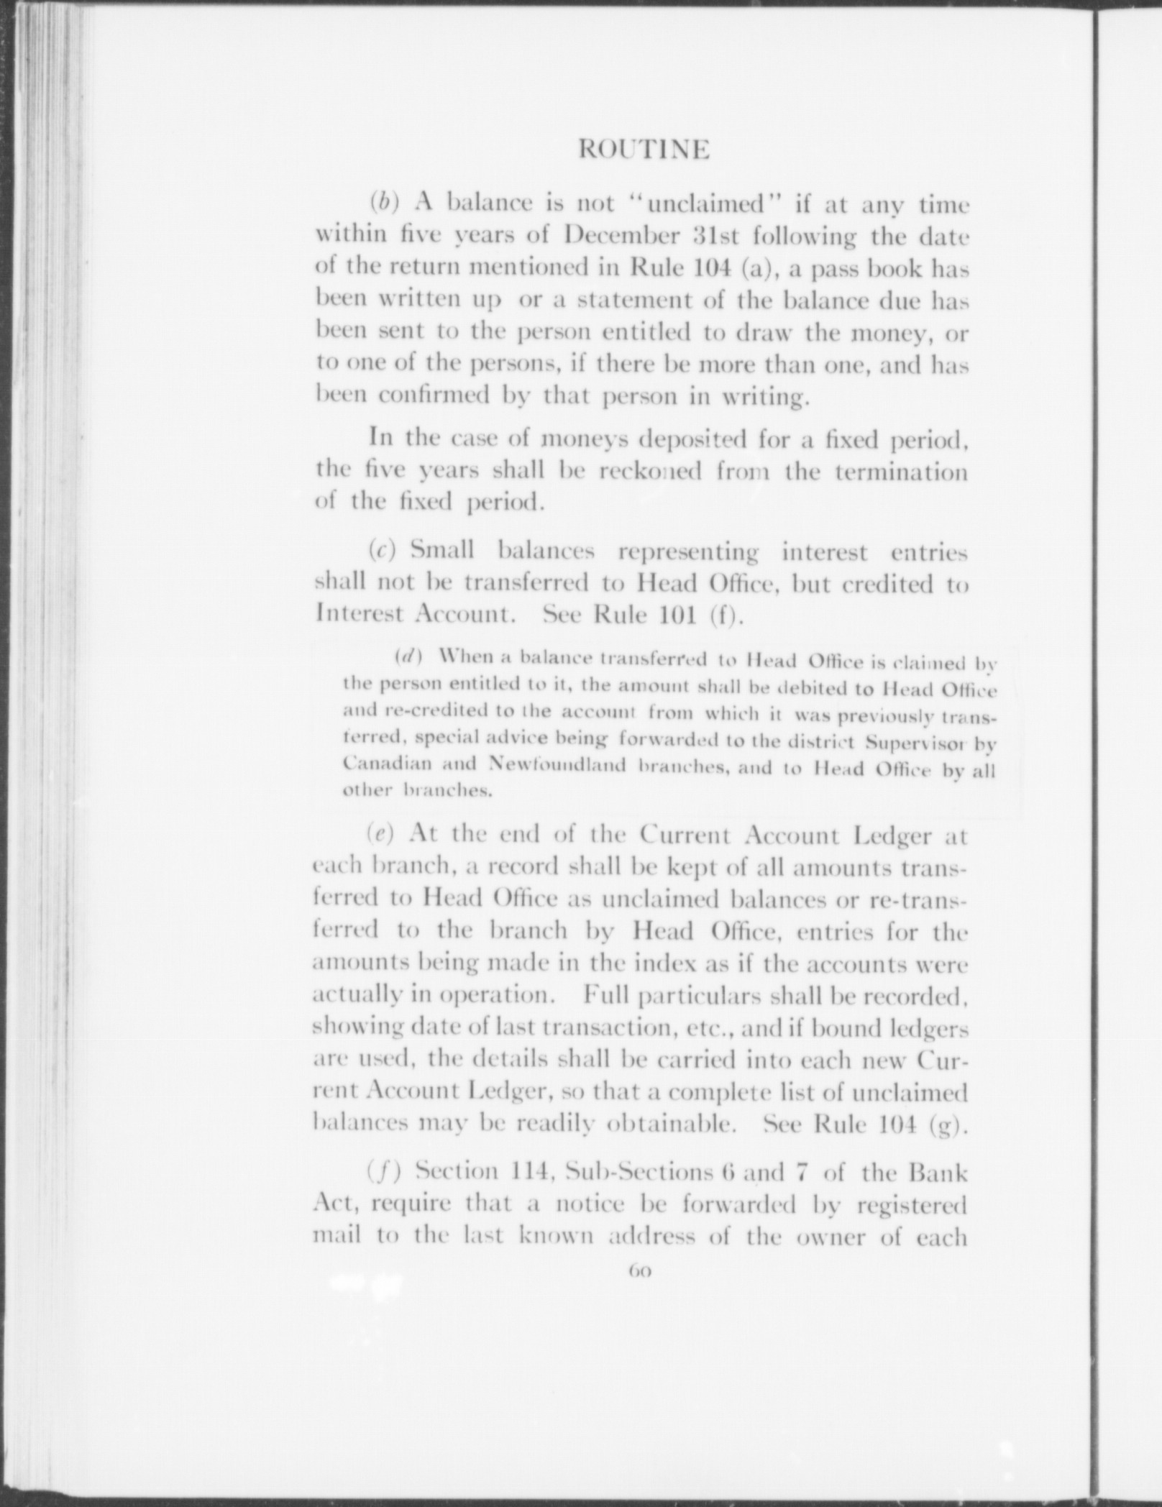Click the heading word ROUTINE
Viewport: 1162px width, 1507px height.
pos(644,150)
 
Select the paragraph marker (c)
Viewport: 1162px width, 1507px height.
pos(382,551)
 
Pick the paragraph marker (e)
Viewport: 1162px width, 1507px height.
pos(380,835)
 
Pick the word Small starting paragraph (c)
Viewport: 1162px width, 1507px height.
pos(441,551)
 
